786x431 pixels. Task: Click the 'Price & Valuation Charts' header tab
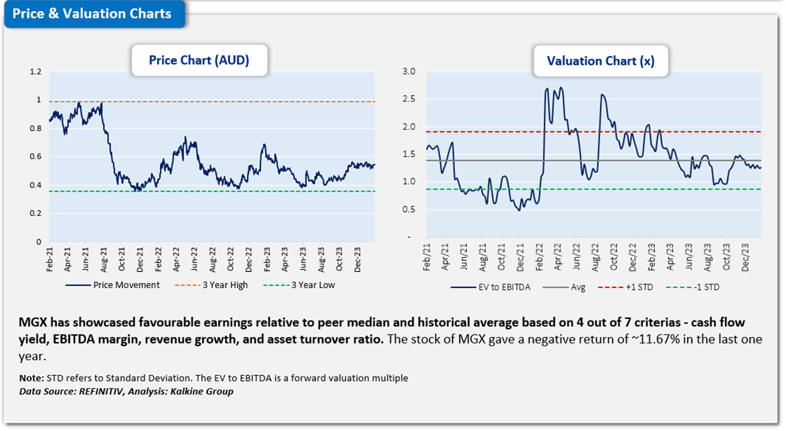[92, 14]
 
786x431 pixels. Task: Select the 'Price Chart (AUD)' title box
[199, 61]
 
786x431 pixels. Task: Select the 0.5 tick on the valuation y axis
[409, 210]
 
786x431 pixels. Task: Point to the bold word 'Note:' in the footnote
[32, 378]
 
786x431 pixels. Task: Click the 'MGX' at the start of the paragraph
[33, 322]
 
